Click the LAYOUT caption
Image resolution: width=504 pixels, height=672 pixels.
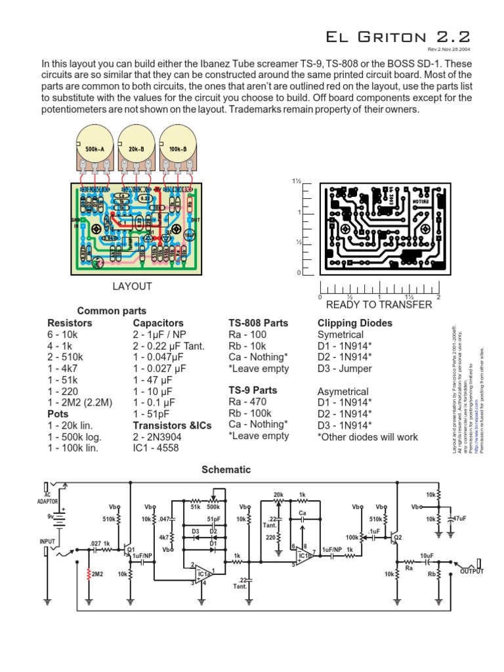132,286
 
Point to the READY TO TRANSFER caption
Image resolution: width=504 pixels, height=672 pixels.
379,304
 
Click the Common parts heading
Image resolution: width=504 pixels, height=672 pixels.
112,310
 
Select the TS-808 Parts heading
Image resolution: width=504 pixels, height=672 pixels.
258,324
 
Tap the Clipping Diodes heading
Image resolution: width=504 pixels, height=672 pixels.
355,324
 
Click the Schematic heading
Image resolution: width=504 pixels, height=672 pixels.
226,470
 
